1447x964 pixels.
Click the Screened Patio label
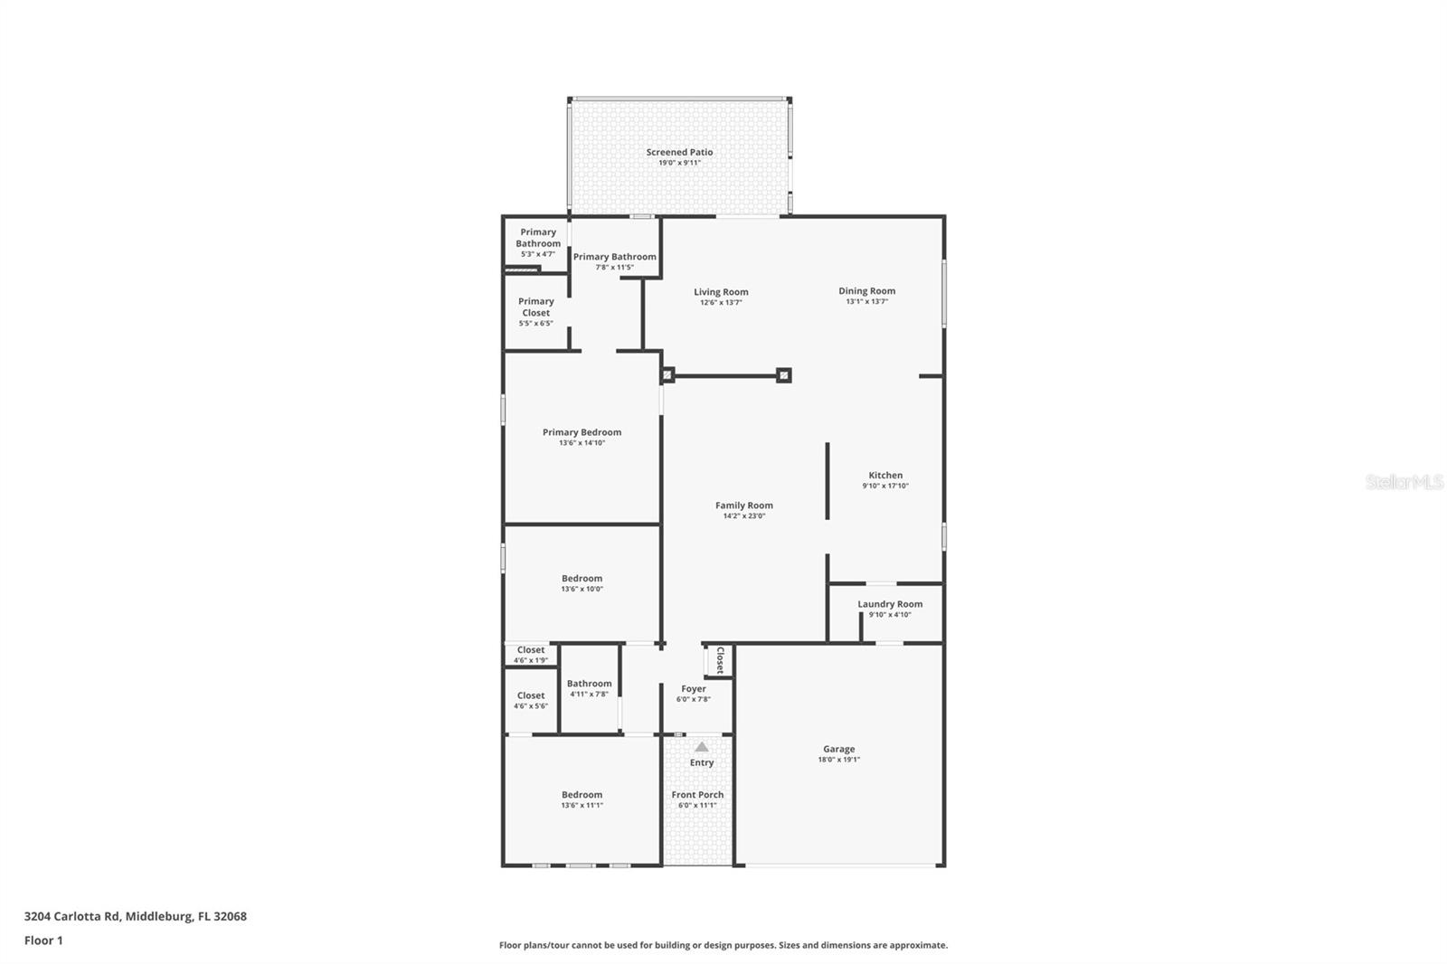[x=679, y=152]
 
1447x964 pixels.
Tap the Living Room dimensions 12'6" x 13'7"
[x=721, y=303]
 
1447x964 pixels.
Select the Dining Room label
[x=866, y=291]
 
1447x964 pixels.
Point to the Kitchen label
[x=885, y=475]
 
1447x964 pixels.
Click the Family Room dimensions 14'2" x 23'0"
[x=743, y=516]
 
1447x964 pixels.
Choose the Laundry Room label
[x=890, y=604]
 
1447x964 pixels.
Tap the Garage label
[x=838, y=749]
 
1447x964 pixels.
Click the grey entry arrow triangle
[x=702, y=747]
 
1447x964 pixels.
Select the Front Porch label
[x=697, y=795]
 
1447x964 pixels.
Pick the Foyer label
[x=694, y=689]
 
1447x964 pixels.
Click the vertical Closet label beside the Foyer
[x=720, y=660]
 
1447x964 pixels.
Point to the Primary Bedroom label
[x=582, y=432]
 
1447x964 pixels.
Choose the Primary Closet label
[x=535, y=307]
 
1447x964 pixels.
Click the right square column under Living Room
[x=784, y=375]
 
